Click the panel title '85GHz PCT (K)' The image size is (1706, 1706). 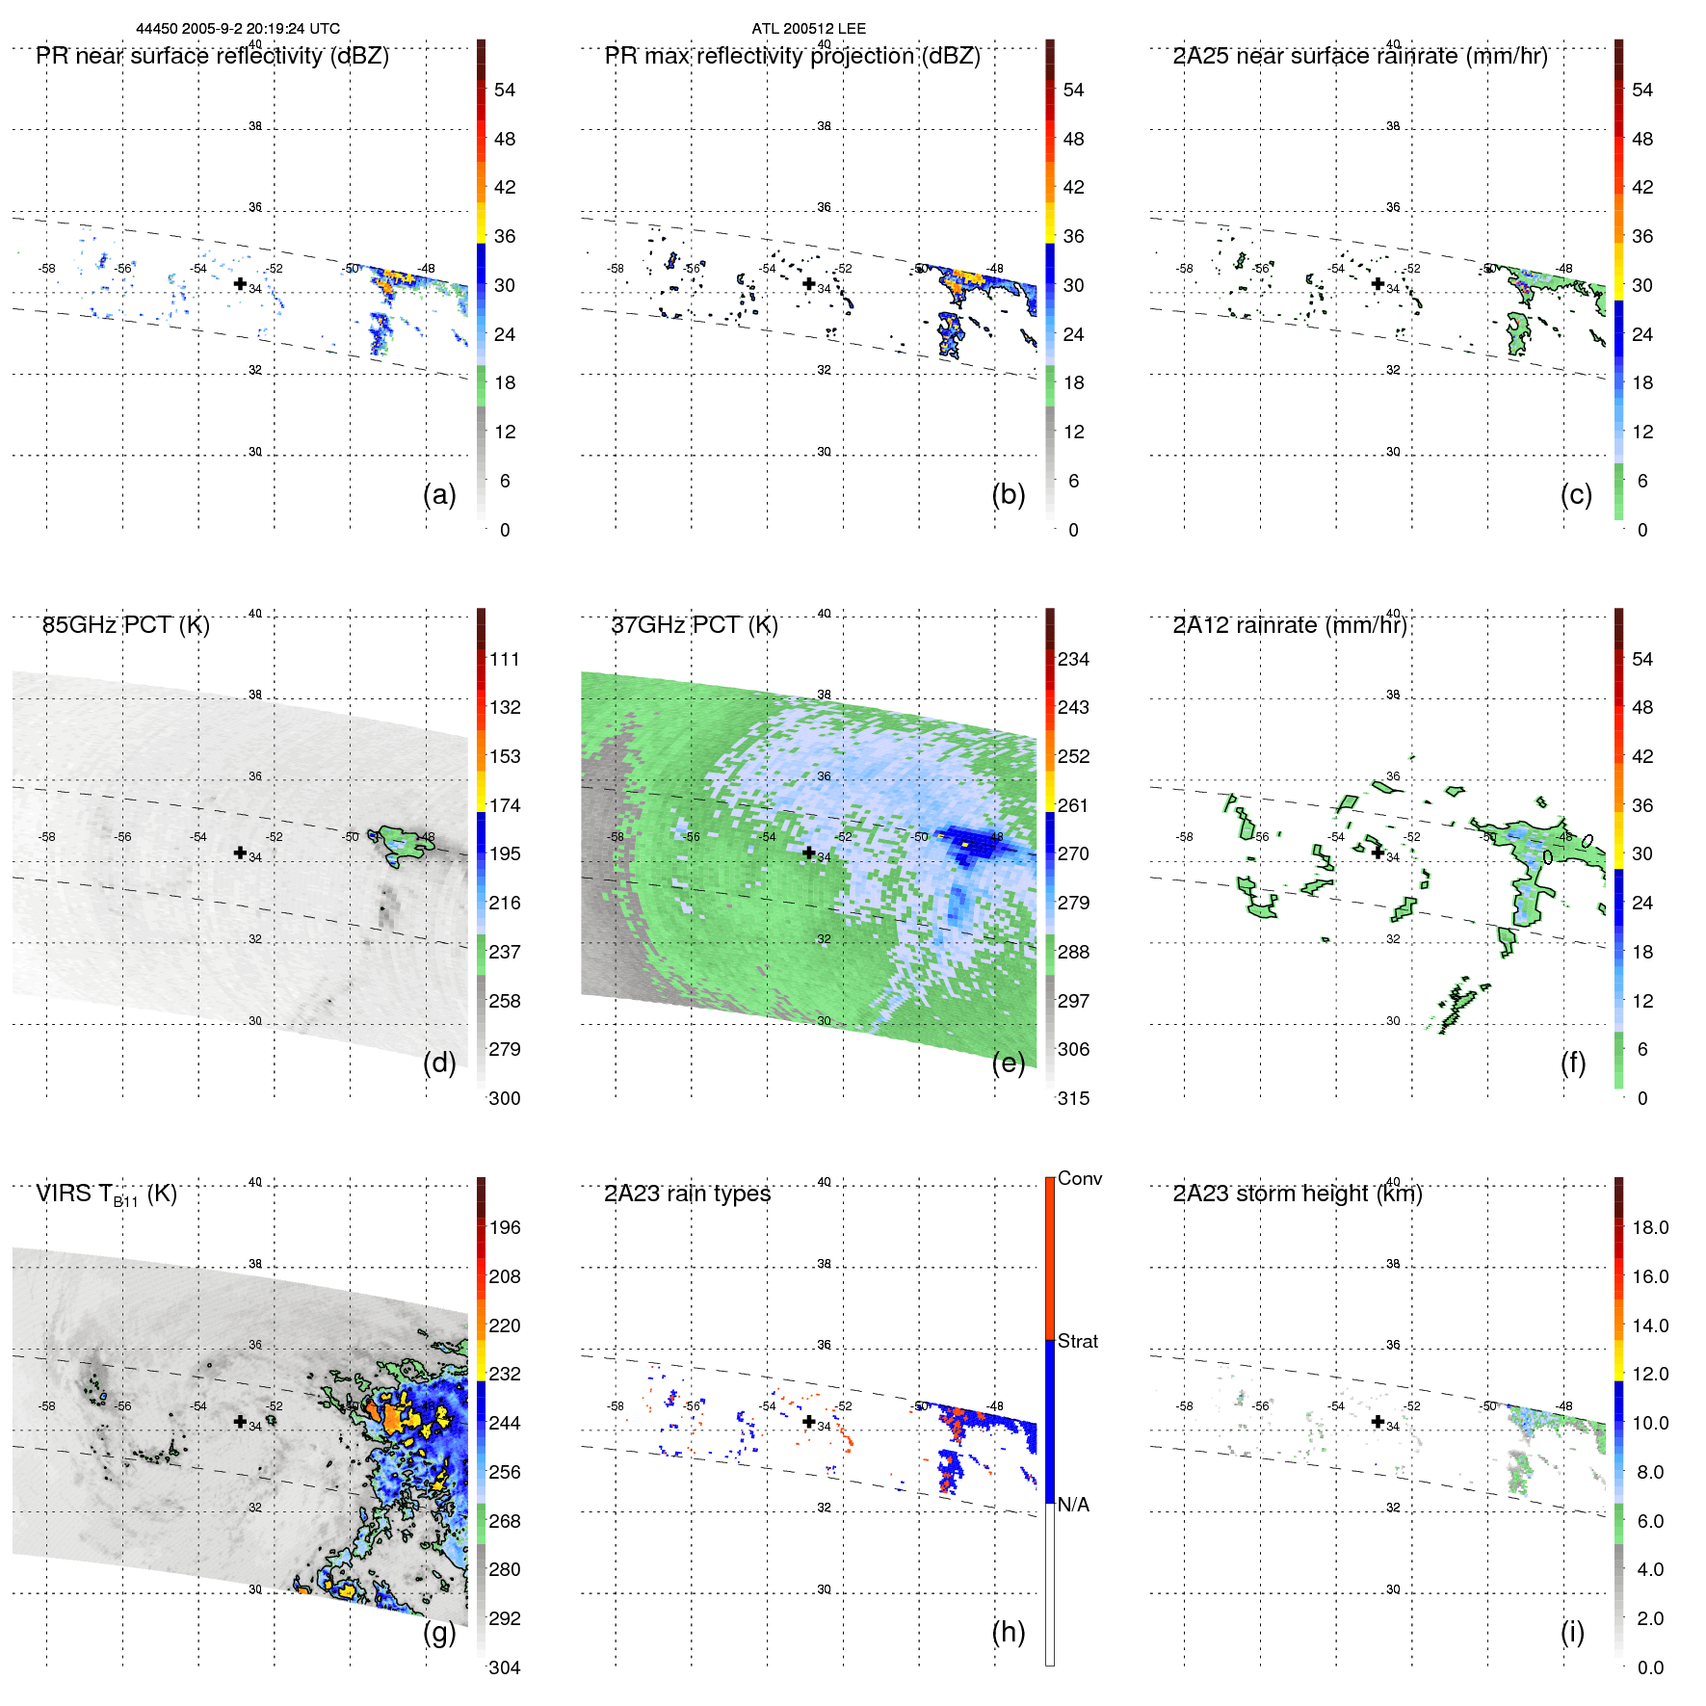pos(125,625)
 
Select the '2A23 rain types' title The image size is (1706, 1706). pos(687,1194)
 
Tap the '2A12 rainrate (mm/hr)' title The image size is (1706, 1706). pos(1290,625)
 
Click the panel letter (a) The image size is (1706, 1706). pos(439,494)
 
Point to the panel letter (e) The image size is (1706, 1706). pos(1008,1063)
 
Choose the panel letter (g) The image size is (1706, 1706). pos(439,1632)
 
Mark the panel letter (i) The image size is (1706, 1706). pos(1572,1632)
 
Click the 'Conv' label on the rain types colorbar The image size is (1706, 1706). pos(1079,1178)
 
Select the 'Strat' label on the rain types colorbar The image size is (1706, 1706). pos(1077,1341)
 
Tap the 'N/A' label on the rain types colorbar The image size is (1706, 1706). pos(1073,1505)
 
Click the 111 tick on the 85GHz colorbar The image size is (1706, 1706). pos(505,659)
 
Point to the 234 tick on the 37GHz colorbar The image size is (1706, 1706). pos(1073,659)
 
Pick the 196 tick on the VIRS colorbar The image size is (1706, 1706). pos(505,1227)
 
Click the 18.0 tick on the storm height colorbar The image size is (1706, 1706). pos(1649,1227)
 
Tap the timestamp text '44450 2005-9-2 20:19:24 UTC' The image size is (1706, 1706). pos(238,29)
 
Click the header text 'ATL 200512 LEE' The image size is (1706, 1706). pos(808,29)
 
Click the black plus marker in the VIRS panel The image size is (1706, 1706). pos(240,1421)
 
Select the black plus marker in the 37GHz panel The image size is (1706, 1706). pos(809,853)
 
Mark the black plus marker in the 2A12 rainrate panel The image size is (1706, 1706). pos(1378,853)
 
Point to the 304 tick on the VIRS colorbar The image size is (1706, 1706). pos(505,1667)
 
